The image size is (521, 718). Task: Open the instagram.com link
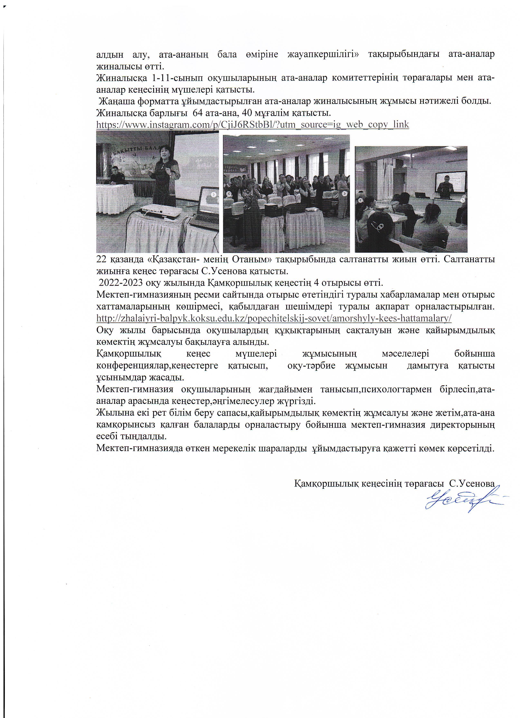[x=252, y=124]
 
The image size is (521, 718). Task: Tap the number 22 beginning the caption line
[x=102, y=260]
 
